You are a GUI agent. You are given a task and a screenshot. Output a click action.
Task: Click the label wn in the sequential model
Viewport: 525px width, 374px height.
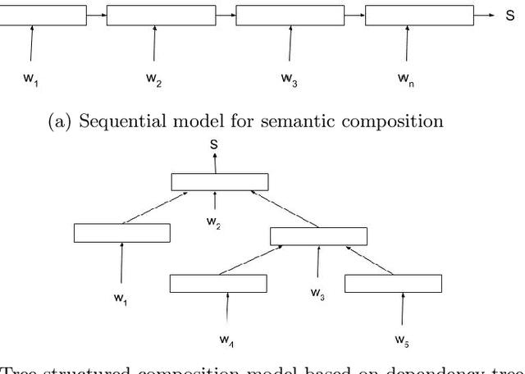click(404, 79)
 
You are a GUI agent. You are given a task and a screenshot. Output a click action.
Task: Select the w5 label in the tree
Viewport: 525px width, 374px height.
click(401, 339)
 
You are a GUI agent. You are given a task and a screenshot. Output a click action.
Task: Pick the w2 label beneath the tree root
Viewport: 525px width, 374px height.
click(213, 223)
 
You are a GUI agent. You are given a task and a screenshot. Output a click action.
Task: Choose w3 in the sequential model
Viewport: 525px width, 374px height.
click(289, 79)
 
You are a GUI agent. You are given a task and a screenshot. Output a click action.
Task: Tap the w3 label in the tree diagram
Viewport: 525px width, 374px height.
click(317, 292)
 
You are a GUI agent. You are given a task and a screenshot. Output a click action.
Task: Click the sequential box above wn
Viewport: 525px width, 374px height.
click(418, 16)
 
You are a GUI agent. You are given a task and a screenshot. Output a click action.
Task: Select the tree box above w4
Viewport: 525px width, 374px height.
click(218, 283)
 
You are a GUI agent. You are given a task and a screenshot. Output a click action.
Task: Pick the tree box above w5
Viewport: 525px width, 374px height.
click(393, 283)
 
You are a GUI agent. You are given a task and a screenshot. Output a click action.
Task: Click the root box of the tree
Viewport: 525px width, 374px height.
click(219, 181)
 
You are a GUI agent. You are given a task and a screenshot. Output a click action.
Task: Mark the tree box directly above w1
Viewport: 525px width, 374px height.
click(122, 233)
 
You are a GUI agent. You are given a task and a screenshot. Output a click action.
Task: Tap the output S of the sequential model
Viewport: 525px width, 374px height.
click(510, 16)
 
